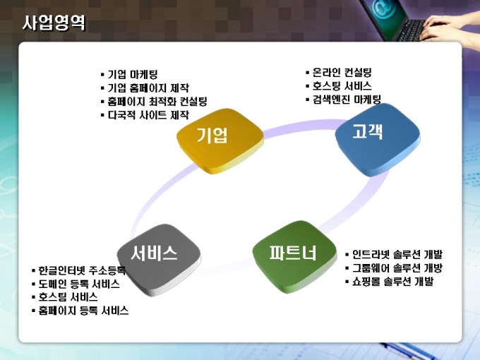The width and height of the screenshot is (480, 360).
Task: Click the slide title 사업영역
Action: tap(54, 23)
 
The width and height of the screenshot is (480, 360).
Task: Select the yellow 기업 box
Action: tap(220, 140)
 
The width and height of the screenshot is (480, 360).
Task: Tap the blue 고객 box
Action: tap(378, 139)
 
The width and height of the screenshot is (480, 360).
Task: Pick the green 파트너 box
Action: tap(294, 256)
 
